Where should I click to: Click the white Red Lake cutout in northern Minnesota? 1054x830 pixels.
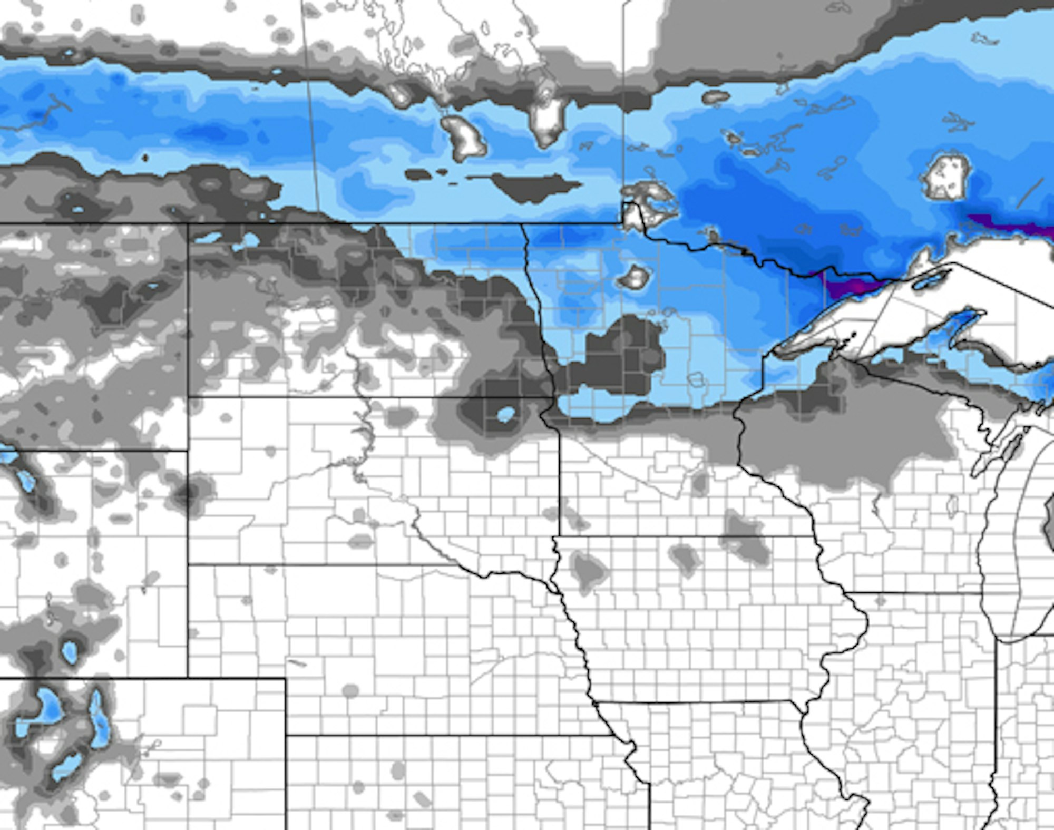click(x=635, y=276)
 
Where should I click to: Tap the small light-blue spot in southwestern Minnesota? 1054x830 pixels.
click(x=505, y=414)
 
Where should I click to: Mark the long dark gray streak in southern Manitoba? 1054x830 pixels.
click(x=532, y=184)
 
